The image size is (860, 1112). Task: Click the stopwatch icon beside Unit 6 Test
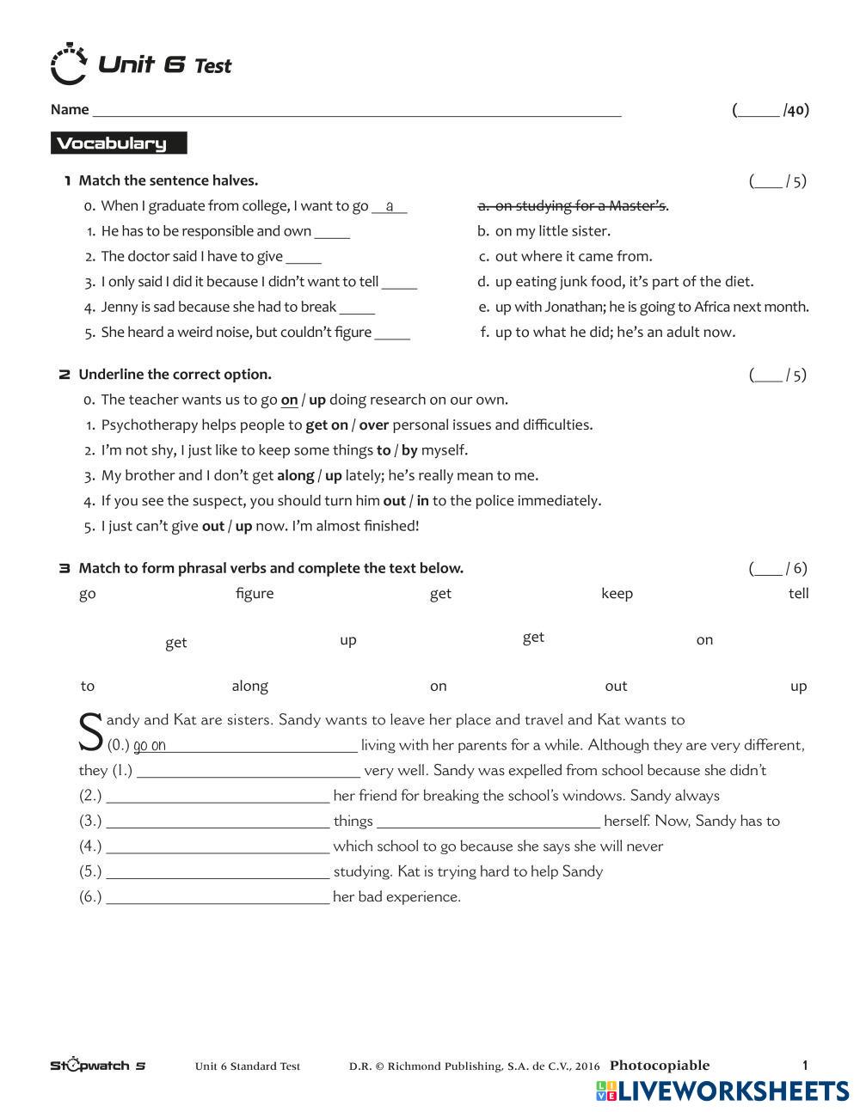coord(69,64)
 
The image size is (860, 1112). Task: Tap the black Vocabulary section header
coord(119,144)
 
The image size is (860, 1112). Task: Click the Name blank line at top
coord(356,110)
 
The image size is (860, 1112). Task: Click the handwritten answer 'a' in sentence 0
coord(390,206)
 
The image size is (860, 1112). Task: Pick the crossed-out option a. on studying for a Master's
coord(573,205)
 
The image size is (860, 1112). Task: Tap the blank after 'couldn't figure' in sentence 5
coord(392,333)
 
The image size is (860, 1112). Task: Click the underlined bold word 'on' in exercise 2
coord(289,400)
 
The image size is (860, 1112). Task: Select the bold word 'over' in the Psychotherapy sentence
coord(374,425)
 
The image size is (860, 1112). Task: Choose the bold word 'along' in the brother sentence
coord(295,475)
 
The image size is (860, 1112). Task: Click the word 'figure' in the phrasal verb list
coord(255,594)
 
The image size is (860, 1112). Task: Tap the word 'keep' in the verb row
coord(617,594)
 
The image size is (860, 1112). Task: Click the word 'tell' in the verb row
coord(798,594)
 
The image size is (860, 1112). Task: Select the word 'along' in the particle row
coord(249,686)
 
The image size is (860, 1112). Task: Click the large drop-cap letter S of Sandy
coord(91,732)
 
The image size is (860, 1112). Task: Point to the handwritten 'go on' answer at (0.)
coord(150,746)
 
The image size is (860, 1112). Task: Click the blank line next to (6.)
coord(218,898)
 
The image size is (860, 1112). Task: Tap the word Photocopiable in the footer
coord(660,1066)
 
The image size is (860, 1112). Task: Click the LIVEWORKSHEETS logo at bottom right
coord(722,1091)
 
